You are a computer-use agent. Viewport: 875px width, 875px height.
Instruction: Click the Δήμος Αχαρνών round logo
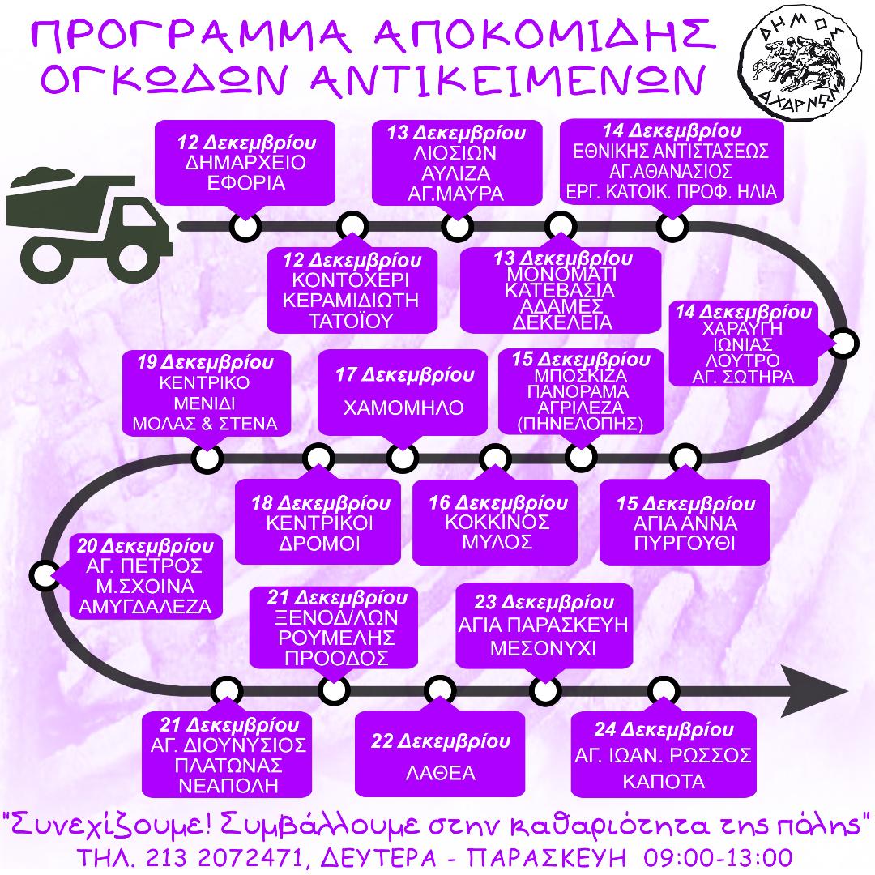click(x=800, y=61)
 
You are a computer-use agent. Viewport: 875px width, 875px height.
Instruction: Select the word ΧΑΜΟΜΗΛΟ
click(x=403, y=408)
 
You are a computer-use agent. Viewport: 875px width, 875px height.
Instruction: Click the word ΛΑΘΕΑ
click(x=441, y=773)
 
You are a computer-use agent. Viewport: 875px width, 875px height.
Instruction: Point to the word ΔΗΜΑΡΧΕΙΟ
click(x=245, y=162)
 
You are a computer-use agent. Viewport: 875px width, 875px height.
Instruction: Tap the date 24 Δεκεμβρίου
click(x=664, y=729)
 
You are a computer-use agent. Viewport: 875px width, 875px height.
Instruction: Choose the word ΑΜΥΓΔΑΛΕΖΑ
click(x=145, y=607)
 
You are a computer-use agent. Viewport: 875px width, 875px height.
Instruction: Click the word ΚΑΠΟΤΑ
click(x=664, y=781)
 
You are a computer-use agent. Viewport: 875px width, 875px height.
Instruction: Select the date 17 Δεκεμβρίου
click(x=404, y=374)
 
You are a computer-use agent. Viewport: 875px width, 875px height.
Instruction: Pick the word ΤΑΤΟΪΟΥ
click(x=351, y=321)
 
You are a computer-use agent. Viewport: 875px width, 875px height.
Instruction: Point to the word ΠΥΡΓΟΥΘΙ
click(x=685, y=543)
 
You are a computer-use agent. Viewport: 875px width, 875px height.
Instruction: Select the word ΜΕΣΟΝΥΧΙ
click(x=543, y=648)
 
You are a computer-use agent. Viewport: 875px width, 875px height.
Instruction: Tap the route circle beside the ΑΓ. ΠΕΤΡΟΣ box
click(x=44, y=575)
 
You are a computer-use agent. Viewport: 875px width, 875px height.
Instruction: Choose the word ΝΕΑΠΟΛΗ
click(x=228, y=786)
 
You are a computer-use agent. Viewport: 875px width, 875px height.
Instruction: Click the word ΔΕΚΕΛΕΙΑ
click(x=562, y=322)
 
